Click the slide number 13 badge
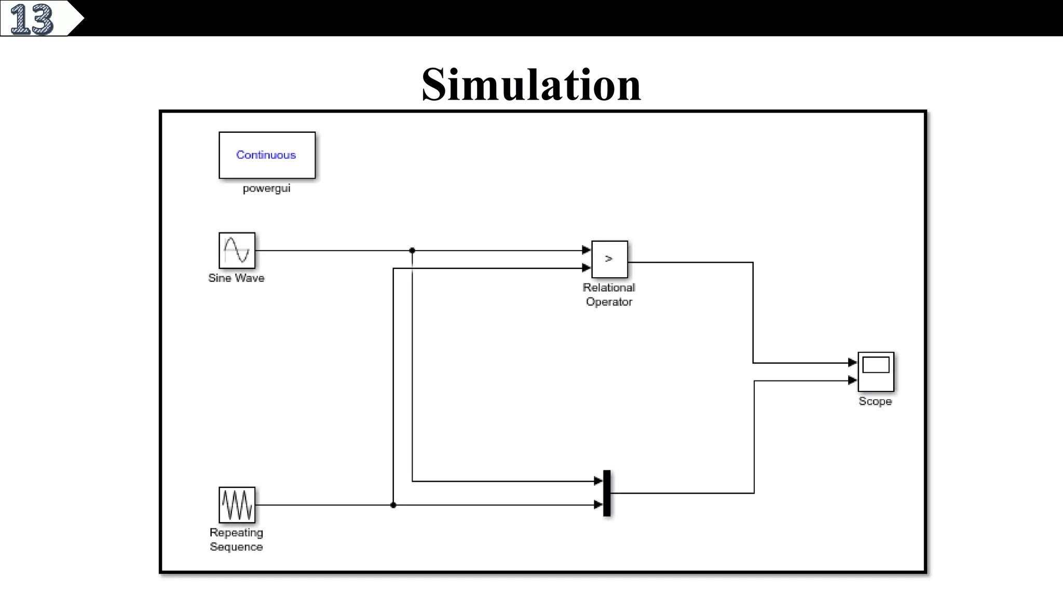32,19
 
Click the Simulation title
531,84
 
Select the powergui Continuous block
267,155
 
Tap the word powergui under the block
266,188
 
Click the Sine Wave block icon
237,250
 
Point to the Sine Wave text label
236,278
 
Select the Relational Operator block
609,259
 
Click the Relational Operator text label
609,295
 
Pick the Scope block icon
876,372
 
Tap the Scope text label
875,401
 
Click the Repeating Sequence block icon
237,505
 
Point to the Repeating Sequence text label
236,540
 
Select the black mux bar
607,493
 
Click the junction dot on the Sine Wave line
412,251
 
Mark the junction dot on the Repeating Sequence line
393,505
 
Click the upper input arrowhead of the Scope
852,362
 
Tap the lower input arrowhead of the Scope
852,380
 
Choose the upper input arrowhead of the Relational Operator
587,250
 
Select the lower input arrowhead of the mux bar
598,505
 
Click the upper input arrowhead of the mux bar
598,481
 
